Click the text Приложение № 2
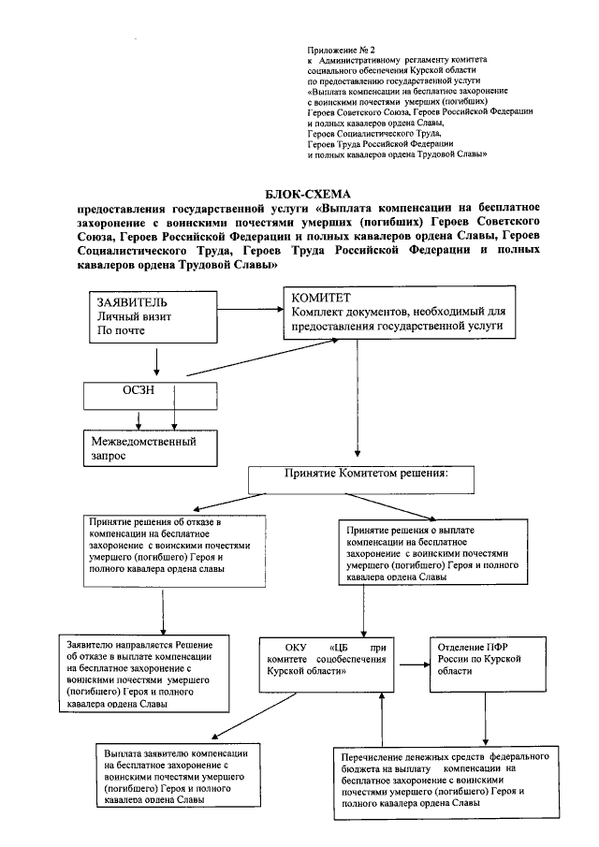(x=341, y=47)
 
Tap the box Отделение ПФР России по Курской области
(x=483, y=663)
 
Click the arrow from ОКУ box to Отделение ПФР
(x=413, y=663)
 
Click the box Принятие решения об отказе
(x=165, y=550)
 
